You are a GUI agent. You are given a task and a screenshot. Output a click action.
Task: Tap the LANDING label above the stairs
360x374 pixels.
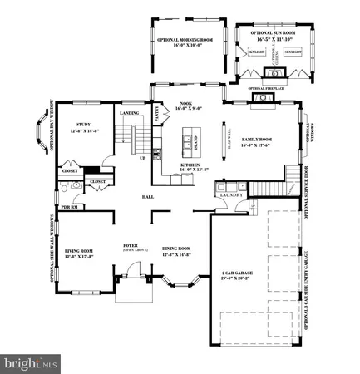point(130,114)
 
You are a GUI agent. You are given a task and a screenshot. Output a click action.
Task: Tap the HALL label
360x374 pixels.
point(147,197)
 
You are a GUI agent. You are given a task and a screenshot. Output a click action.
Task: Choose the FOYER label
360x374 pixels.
point(130,246)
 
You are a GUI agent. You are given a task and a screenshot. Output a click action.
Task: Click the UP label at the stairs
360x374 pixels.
point(142,157)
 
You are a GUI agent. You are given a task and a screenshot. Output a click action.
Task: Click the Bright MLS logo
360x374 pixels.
point(31,363)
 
